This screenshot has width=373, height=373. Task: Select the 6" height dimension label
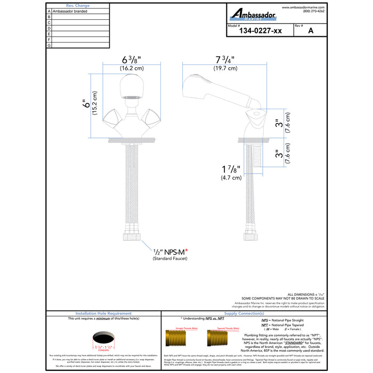(84, 104)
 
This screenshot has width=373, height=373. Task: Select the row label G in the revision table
(49, 45)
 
